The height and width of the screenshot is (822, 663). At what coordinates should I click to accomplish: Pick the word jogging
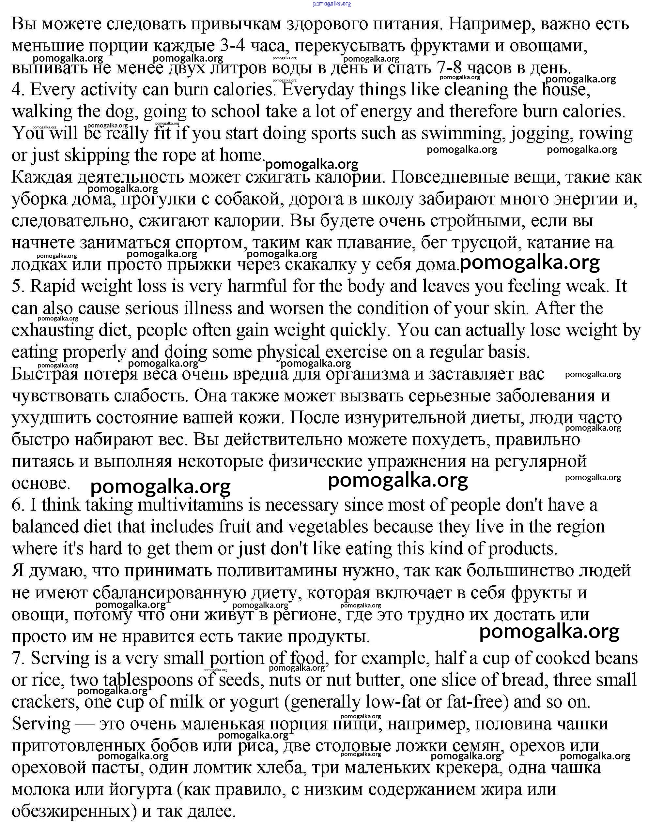[x=542, y=134]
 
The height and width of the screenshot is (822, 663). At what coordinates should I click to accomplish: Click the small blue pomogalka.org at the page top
[x=331, y=4]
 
